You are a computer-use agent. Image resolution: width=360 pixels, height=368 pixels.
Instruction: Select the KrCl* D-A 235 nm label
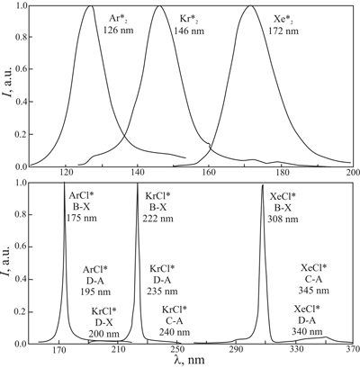coord(162,279)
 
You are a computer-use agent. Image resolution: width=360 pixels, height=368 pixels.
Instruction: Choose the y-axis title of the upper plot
coord(8,86)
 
